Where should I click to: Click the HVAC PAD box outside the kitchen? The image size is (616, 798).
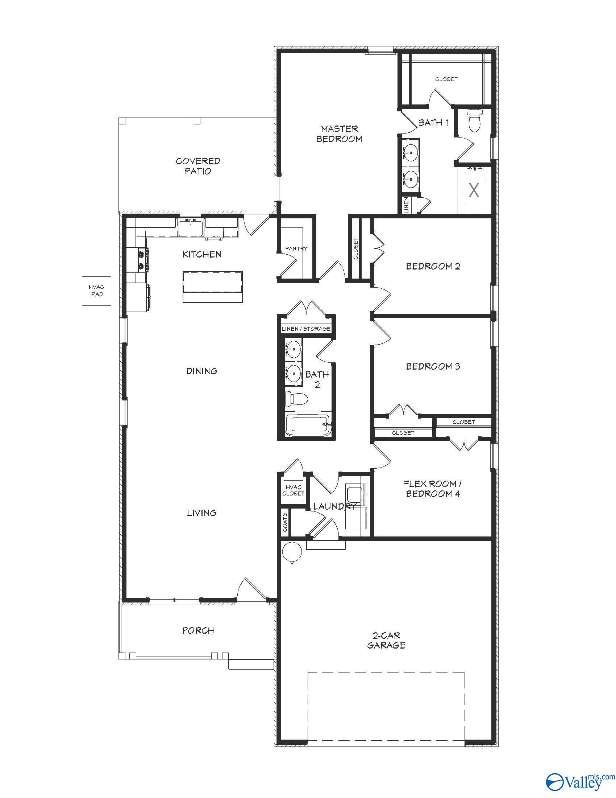point(96,291)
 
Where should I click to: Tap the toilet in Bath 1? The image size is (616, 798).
point(475,120)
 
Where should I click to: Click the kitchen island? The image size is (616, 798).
point(212,287)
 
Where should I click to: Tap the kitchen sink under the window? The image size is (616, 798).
point(191,228)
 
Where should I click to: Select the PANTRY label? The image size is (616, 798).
point(296,248)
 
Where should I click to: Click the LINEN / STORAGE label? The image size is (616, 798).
point(306,329)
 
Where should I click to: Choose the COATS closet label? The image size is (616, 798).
point(285,522)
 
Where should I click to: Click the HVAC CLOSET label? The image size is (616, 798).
point(294,490)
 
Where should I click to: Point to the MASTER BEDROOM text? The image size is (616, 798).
point(339,134)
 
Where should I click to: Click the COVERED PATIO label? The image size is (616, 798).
point(198,166)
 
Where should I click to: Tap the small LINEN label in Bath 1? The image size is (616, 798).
point(406,205)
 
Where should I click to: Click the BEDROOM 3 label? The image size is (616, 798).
point(433,366)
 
